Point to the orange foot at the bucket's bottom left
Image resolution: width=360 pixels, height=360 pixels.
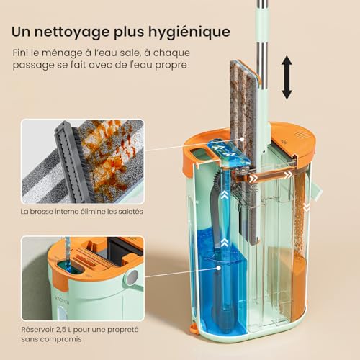[194, 330]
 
